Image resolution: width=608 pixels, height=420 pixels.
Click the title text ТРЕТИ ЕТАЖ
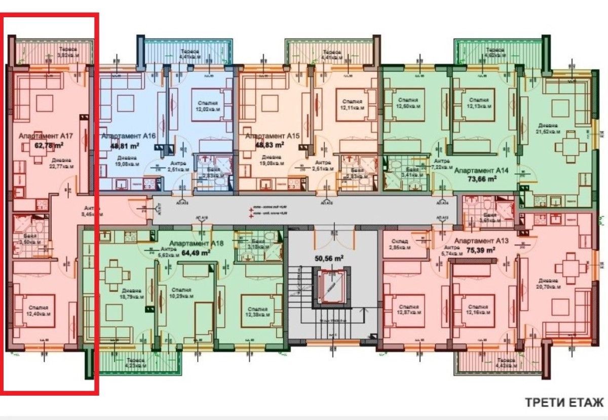click(x=564, y=403)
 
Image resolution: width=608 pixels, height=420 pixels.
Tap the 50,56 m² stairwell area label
click(x=330, y=258)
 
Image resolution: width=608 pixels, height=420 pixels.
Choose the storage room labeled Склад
click(x=398, y=244)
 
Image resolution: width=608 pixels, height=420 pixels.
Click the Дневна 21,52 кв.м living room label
click(x=548, y=128)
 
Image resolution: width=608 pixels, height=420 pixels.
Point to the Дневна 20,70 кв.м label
click(x=549, y=284)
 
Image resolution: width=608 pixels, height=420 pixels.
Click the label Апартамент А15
click(x=270, y=136)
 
